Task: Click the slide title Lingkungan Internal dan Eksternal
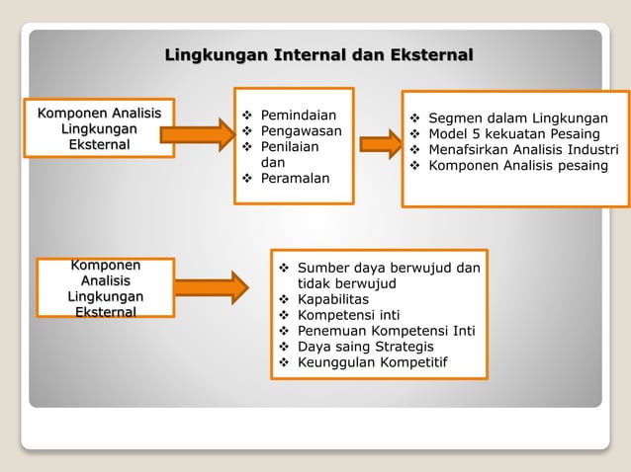[x=318, y=53]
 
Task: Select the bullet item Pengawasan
[x=301, y=130]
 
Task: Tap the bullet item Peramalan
[x=295, y=178]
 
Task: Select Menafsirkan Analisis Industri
[x=523, y=149]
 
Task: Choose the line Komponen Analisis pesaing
[x=518, y=165]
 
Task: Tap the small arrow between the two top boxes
[x=377, y=144]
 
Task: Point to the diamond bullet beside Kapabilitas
[x=284, y=298]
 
